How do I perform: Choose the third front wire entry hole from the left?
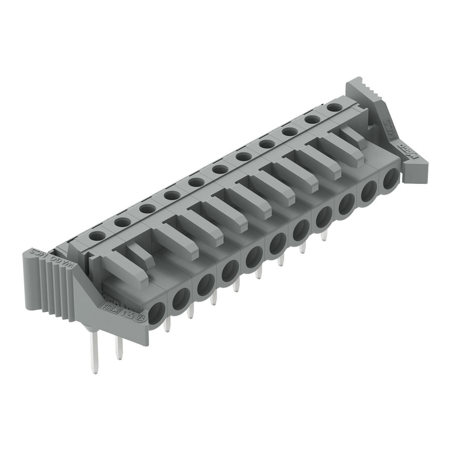point(205,285)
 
